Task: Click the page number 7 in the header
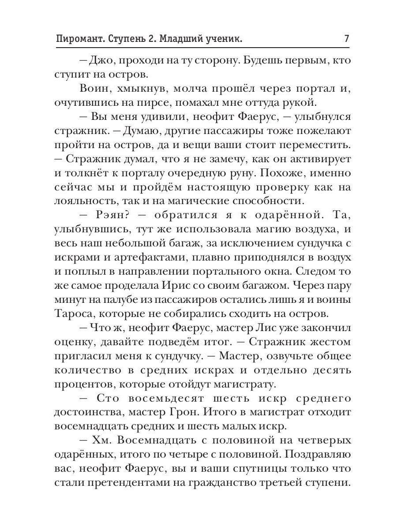(346, 39)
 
